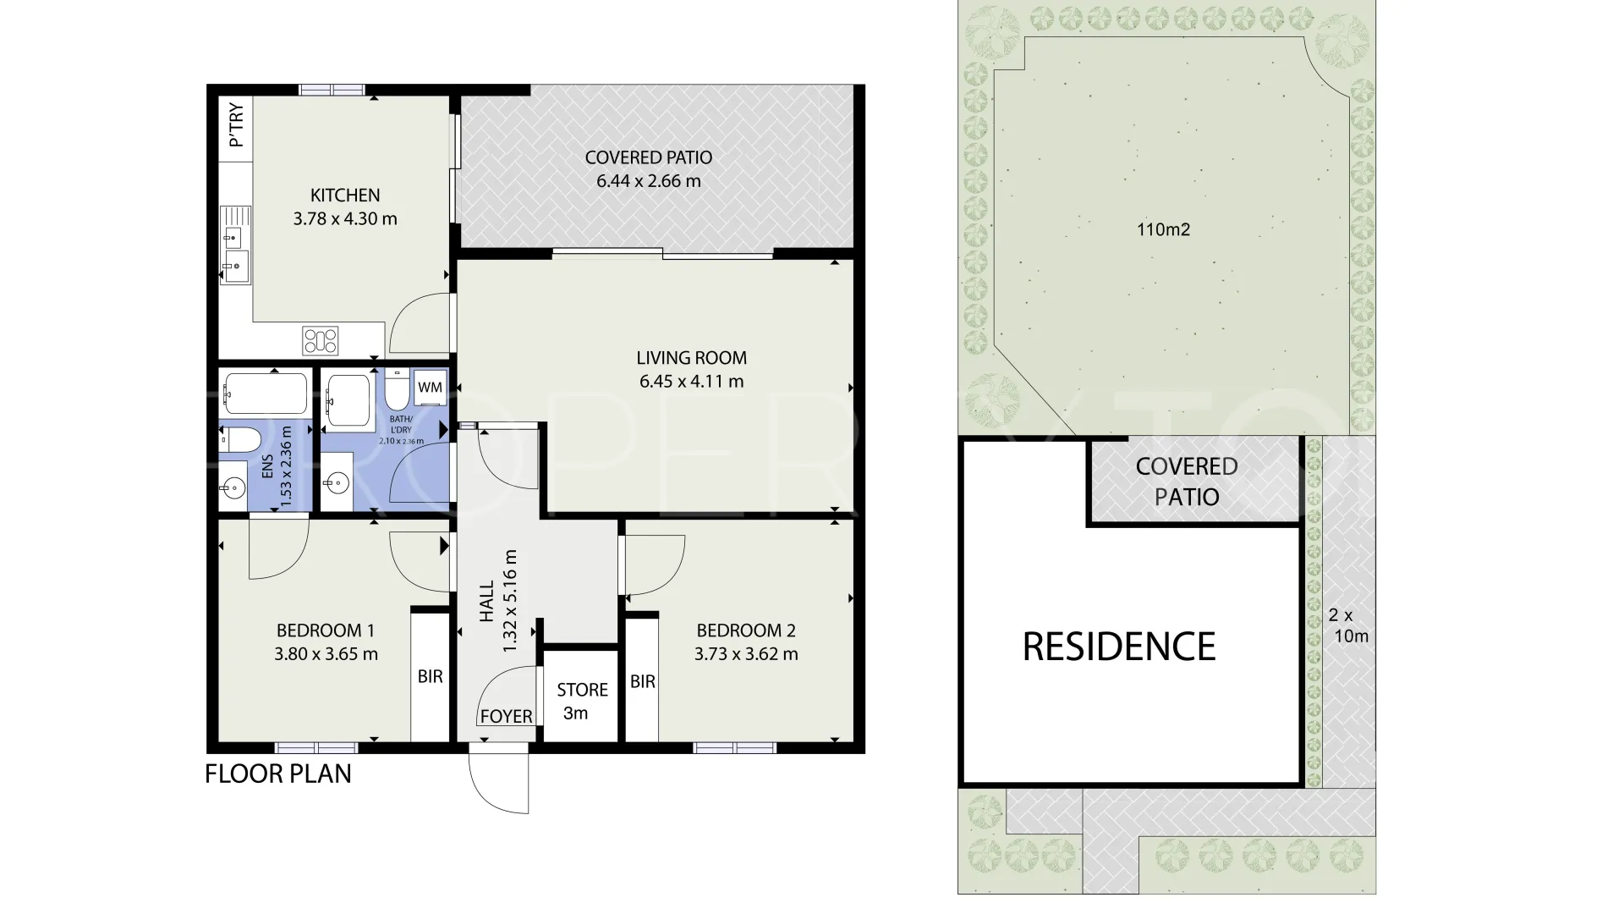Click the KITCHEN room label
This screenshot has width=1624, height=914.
click(x=345, y=195)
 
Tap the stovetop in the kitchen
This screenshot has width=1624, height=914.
click(x=321, y=341)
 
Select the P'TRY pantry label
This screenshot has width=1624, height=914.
click(x=236, y=125)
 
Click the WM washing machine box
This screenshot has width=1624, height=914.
click(x=431, y=388)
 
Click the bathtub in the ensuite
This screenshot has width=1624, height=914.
click(x=265, y=393)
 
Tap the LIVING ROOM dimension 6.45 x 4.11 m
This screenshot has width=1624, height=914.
click(x=692, y=382)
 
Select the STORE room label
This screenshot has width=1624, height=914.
click(x=583, y=690)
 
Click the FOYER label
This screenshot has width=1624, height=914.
click(x=507, y=717)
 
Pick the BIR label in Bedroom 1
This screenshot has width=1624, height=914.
click(x=431, y=677)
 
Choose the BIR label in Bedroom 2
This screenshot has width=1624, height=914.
click(x=643, y=681)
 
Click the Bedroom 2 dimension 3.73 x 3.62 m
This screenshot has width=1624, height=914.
click(x=746, y=654)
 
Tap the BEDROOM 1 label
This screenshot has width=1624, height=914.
click(x=326, y=630)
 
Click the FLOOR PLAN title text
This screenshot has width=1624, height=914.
click(x=278, y=774)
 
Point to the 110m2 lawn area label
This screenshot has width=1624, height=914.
click(x=1164, y=229)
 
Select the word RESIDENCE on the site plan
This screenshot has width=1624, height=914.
click(x=1119, y=647)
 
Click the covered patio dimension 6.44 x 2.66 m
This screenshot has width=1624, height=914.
click(x=649, y=181)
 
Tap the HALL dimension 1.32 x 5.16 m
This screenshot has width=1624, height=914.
click(x=509, y=601)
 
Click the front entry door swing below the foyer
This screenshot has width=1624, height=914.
click(x=499, y=781)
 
